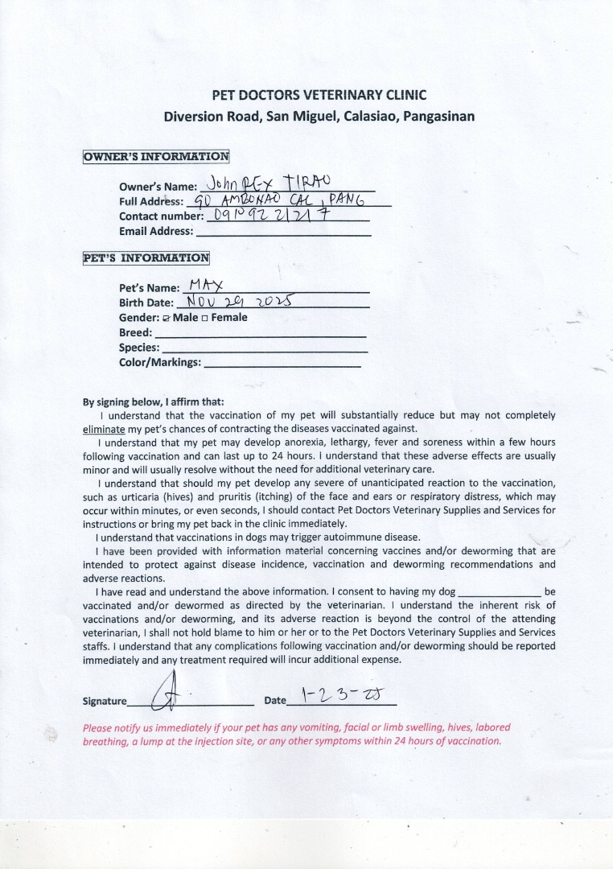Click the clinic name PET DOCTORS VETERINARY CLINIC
(319, 95)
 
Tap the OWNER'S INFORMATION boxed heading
(156, 156)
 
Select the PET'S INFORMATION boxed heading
(146, 258)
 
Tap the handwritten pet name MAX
(204, 284)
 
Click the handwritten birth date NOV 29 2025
(238, 301)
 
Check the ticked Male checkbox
(166, 318)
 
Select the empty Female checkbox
(205, 318)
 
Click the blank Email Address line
(283, 233)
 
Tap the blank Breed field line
(260, 334)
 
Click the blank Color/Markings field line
(282, 364)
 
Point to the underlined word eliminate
(104, 429)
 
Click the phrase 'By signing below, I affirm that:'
(154, 402)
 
